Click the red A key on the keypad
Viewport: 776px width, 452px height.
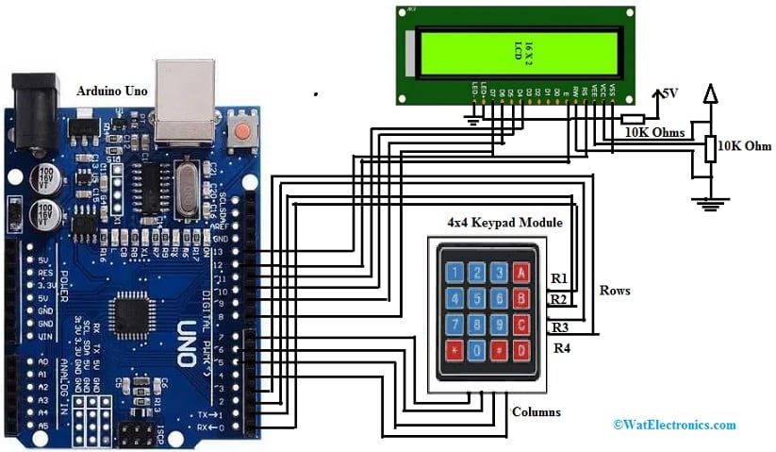click(x=520, y=274)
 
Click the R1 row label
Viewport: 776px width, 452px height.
click(x=560, y=280)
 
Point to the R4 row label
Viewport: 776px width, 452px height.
click(x=562, y=348)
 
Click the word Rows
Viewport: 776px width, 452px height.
click(x=615, y=291)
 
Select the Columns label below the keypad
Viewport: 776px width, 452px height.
click(x=536, y=412)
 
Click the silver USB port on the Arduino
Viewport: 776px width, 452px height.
click(x=185, y=100)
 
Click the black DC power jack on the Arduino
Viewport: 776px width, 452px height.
click(x=34, y=111)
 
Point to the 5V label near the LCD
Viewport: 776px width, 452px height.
click(x=669, y=94)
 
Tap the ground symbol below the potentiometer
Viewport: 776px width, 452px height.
click(x=709, y=201)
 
